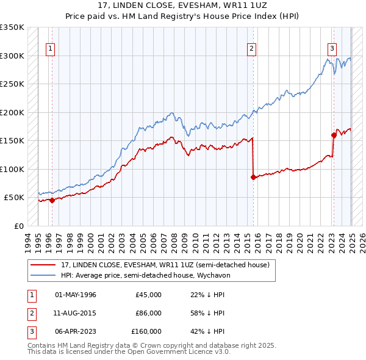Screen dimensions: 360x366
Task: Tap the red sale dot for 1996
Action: (x=52, y=200)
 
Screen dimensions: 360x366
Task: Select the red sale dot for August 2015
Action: (x=253, y=177)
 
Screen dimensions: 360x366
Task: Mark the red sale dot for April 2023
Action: (x=334, y=135)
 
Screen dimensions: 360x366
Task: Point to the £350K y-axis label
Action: (x=12, y=27)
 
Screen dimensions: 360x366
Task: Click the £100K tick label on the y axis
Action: (x=12, y=169)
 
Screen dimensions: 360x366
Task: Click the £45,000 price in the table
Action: (x=148, y=295)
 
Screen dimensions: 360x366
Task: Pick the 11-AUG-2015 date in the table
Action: (x=75, y=312)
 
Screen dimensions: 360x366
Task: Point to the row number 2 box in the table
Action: (x=30, y=312)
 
